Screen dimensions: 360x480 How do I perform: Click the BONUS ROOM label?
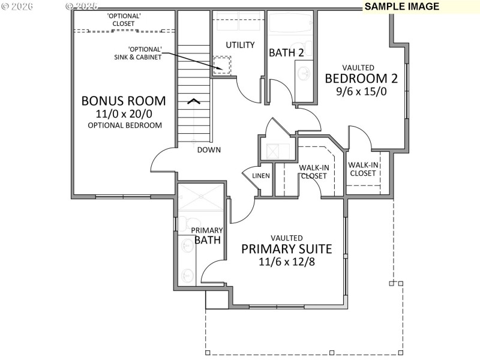point(124,100)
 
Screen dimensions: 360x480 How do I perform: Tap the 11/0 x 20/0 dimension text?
point(124,113)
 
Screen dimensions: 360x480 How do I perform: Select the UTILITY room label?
point(240,45)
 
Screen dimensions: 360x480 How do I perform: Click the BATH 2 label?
point(286,53)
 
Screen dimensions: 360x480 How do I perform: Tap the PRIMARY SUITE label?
point(286,249)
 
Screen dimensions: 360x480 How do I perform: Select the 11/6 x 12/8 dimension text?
point(286,262)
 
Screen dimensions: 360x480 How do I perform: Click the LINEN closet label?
point(261,176)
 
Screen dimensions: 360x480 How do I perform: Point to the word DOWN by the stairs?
point(209,150)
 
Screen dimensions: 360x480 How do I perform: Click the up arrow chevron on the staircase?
point(194,100)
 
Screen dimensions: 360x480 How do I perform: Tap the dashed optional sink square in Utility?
point(223,65)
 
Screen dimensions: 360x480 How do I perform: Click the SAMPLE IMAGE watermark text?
point(401,7)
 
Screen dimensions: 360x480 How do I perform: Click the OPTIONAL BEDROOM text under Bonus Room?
point(124,125)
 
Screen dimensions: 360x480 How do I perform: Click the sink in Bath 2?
point(304,74)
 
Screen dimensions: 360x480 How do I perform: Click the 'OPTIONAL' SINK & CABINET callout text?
point(145,53)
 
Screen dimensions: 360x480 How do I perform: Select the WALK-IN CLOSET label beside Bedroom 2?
point(362,169)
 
